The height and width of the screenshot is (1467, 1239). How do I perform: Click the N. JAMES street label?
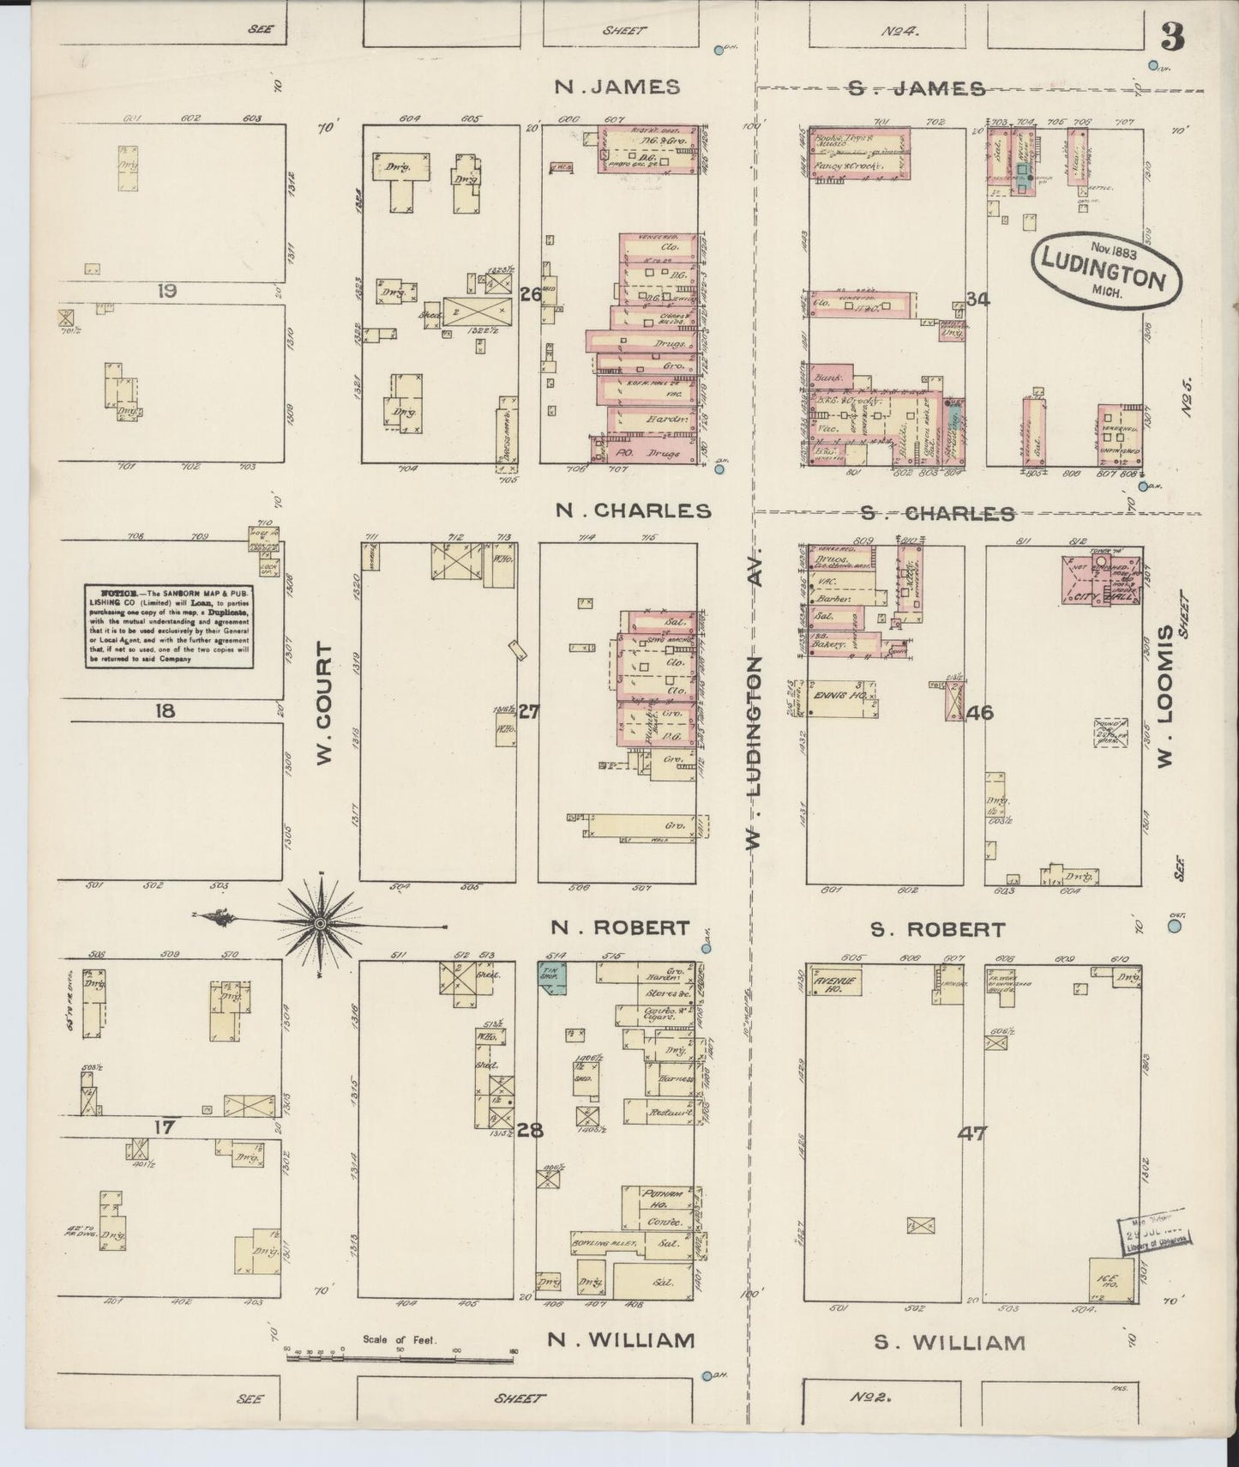(617, 87)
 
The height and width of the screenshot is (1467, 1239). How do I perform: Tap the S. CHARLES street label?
(937, 513)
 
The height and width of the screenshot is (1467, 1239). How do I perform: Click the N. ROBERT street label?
(620, 927)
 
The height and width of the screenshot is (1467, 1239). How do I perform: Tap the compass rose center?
(320, 923)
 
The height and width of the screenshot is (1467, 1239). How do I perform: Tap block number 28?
(530, 1129)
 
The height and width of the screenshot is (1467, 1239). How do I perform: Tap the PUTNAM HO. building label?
(664, 1195)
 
